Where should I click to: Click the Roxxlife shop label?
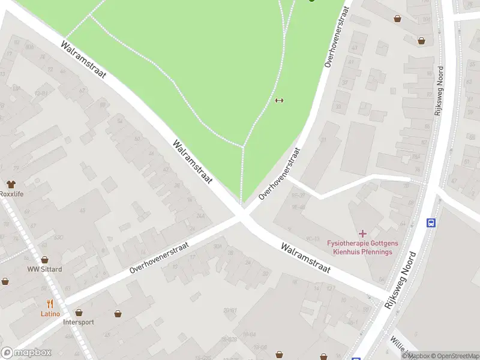[11, 194]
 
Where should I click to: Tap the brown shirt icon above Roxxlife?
[11, 184]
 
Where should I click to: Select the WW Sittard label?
[44, 269]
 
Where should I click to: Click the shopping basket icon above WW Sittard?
[44, 260]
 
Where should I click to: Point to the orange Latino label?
[50, 313]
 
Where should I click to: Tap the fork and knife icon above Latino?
[50, 304]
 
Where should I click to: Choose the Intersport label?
[79, 322]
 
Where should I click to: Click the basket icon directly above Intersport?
[79, 313]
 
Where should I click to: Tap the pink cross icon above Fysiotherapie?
[362, 233]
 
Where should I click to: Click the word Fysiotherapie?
[347, 243]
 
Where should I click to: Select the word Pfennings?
[376, 251]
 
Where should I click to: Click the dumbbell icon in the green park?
[278, 100]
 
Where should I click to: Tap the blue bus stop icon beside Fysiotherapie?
[431, 223]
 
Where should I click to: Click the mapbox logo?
[26, 353]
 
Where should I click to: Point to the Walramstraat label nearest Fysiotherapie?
[305, 259]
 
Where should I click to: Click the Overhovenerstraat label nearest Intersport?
[159, 258]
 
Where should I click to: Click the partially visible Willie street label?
[399, 346]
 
